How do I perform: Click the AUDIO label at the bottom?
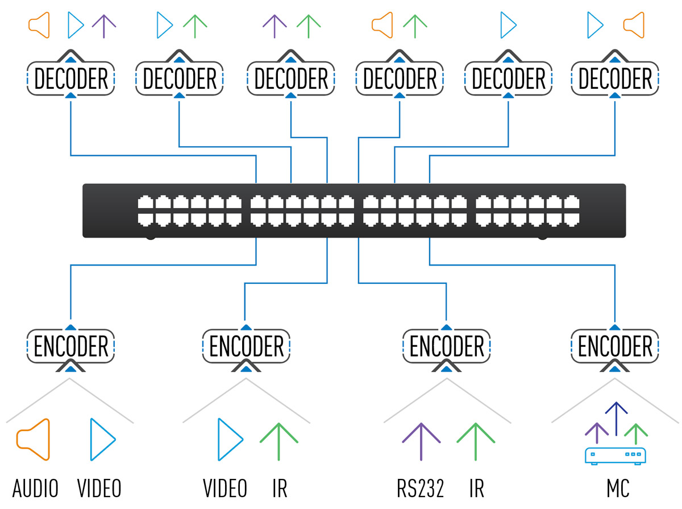point(35,488)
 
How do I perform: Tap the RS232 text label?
point(420,488)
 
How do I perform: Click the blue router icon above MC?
point(616,456)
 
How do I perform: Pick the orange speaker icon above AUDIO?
point(34,440)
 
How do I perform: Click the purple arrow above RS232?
point(421,441)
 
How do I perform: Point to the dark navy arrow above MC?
point(616,415)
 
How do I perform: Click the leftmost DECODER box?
point(71,78)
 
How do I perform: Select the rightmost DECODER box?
point(615,78)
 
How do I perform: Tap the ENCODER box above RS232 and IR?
point(447,346)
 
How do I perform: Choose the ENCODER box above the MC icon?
point(615,346)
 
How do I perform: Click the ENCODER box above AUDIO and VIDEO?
point(71,346)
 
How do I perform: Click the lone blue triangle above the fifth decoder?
point(509,25)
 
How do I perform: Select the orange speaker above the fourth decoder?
point(382,25)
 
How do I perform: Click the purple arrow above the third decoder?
point(275,26)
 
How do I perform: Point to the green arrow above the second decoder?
point(195,26)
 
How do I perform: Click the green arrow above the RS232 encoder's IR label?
point(475,441)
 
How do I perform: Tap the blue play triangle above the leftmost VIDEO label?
point(103,440)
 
